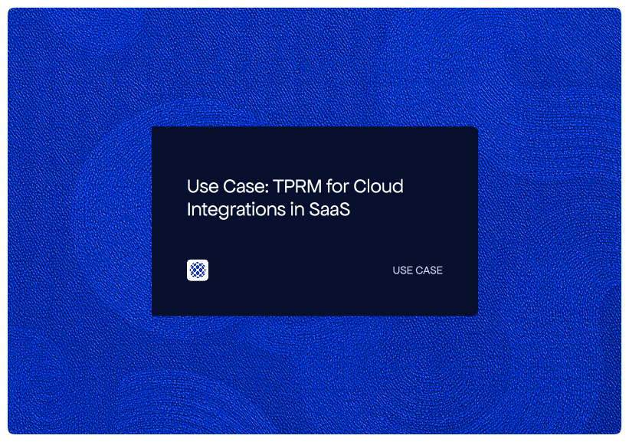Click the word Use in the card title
point(201,186)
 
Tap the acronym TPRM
point(295,186)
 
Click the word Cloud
point(382,186)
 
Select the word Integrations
point(234,210)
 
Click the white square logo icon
point(198,270)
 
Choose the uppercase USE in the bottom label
point(403,270)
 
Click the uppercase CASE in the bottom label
point(429,270)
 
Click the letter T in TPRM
point(279,186)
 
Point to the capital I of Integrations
point(189,209)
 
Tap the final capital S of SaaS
point(345,209)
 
